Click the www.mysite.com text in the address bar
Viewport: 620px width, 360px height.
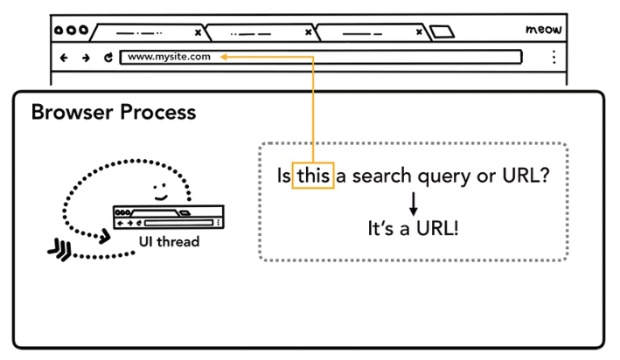[170, 58]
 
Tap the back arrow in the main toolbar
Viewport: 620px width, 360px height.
[63, 58]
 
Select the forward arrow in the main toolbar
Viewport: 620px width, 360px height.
[85, 58]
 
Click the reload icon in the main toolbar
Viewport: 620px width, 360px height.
[108, 58]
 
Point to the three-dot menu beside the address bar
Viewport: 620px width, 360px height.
[554, 58]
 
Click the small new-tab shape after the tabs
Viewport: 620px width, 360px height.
[442, 32]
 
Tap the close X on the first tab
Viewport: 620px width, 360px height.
[199, 32]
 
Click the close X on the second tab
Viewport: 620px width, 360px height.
[309, 32]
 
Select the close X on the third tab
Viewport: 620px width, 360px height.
[421, 32]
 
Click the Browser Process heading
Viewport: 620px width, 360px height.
[114, 113]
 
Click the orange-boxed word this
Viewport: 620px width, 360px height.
[313, 176]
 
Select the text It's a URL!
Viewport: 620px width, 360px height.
[413, 229]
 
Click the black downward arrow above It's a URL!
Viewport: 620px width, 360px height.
[414, 203]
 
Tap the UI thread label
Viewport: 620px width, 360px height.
[169, 242]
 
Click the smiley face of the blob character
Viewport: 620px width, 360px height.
[158, 189]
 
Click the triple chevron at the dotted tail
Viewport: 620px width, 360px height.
[59, 252]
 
